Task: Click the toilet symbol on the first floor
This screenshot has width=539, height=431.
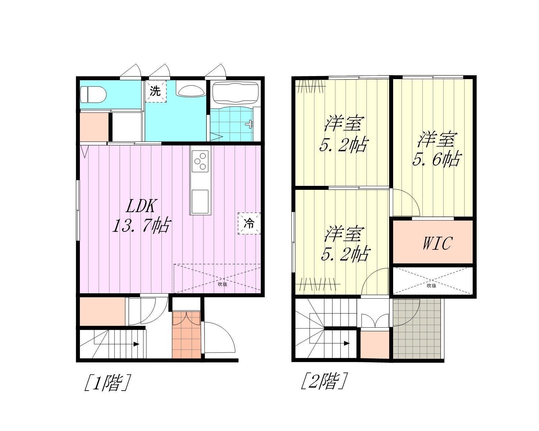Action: [x=93, y=94]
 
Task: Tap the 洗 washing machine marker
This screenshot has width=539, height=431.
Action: [x=156, y=91]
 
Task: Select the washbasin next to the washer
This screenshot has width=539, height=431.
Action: [x=191, y=91]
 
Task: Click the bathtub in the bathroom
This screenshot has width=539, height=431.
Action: [x=235, y=93]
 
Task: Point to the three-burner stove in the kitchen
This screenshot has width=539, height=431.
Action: [x=200, y=161]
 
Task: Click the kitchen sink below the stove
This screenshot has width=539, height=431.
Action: [x=200, y=201]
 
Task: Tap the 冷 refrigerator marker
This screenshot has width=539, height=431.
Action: [x=249, y=223]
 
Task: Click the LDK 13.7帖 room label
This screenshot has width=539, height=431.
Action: [x=141, y=215]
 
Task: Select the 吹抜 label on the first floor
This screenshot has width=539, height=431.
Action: [x=222, y=284]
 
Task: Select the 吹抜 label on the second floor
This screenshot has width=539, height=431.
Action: [x=432, y=286]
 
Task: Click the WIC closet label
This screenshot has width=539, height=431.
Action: [x=438, y=243]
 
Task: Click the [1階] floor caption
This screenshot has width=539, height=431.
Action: [x=107, y=383]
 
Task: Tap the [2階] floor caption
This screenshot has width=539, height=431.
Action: [x=324, y=381]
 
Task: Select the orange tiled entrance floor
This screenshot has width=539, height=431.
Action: [x=186, y=335]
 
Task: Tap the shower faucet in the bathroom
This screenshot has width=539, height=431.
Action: [x=250, y=124]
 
